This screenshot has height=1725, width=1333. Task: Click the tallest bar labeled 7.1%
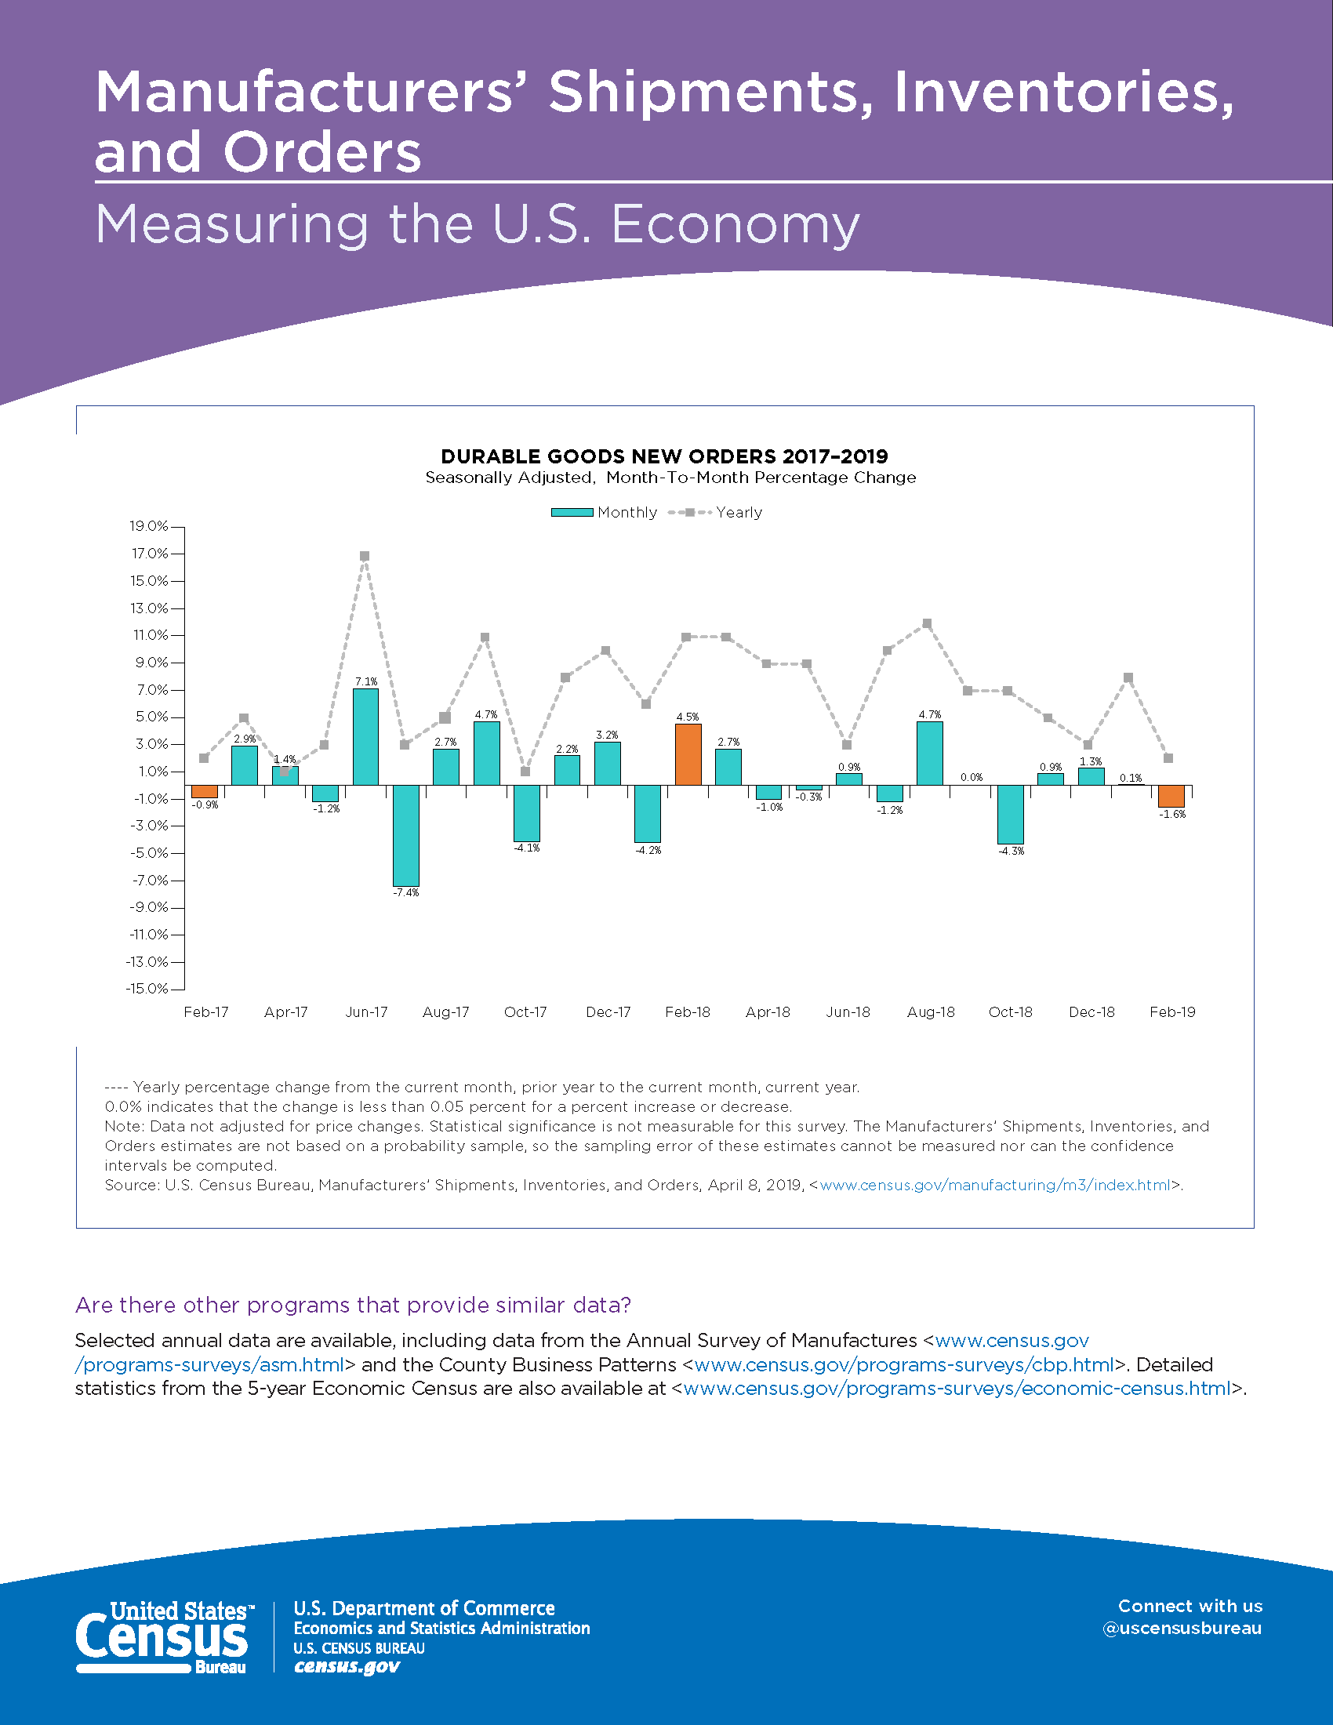coord(365,737)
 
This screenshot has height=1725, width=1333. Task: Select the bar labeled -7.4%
coord(406,836)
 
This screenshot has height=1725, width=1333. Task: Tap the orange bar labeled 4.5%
coord(688,754)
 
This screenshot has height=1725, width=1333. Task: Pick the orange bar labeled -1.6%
coord(1171,796)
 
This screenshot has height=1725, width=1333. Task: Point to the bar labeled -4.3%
coord(1010,815)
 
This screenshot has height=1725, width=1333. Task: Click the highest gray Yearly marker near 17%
coord(365,556)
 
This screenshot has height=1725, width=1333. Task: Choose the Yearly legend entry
coord(715,512)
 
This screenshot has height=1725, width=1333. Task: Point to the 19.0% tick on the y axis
coord(150,526)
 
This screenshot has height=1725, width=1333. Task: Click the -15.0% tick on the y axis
coord(147,989)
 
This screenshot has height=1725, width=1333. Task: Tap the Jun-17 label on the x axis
coord(366,1011)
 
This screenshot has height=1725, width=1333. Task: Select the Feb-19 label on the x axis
coord(1172,1011)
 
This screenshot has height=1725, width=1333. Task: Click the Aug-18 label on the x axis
coord(930,1011)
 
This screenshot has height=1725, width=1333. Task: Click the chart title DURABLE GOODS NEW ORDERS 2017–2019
coord(664,456)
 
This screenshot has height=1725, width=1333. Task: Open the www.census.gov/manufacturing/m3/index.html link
coord(995,1185)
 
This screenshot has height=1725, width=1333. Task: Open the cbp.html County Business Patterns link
coord(904,1365)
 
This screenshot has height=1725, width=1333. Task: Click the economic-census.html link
coord(957,1389)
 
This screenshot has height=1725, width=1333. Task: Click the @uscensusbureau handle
coord(1182,1629)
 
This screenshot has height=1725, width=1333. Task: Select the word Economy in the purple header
coord(735,225)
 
